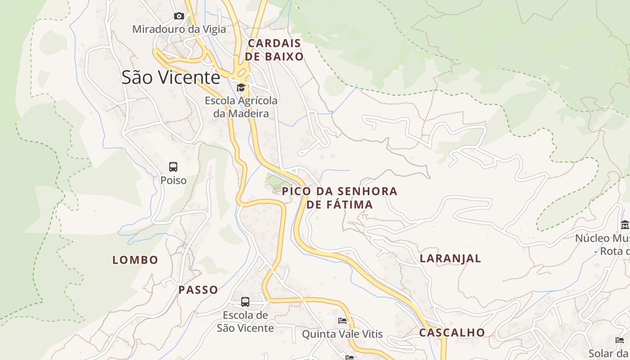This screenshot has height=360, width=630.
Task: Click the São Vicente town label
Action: tap(171, 77)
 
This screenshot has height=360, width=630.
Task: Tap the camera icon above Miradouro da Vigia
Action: tap(179, 16)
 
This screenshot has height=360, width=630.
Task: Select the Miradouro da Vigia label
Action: tap(179, 29)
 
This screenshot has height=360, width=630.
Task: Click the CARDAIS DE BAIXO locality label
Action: tap(274, 50)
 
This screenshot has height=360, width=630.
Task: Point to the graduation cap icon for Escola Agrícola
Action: tap(241, 87)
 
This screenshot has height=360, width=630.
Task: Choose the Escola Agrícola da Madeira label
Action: tap(241, 107)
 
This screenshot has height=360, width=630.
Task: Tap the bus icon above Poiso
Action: tap(173, 167)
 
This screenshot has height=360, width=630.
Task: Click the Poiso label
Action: tap(173, 180)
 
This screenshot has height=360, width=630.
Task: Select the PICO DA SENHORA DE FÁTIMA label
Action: tap(340, 198)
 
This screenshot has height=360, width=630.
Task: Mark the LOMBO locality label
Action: tap(135, 260)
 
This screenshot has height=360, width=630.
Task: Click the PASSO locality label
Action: tap(198, 290)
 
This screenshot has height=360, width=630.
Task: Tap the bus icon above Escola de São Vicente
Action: tap(245, 302)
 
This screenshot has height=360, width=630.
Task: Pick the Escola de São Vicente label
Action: tap(245, 321)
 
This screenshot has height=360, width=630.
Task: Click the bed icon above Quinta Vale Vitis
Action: tap(342, 321)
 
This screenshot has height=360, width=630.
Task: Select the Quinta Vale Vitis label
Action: tap(342, 334)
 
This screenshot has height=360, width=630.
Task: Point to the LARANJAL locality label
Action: tap(450, 258)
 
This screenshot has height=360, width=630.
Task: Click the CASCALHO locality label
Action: tap(452, 333)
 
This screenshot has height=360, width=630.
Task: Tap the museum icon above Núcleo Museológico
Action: tap(625, 225)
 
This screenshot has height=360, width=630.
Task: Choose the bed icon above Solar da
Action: tap(620, 340)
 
